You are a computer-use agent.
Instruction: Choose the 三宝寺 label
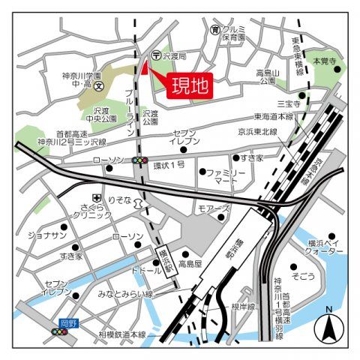pos(287,103)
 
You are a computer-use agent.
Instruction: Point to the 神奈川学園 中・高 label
pos(82,80)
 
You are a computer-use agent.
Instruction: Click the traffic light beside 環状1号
pos(139,160)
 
